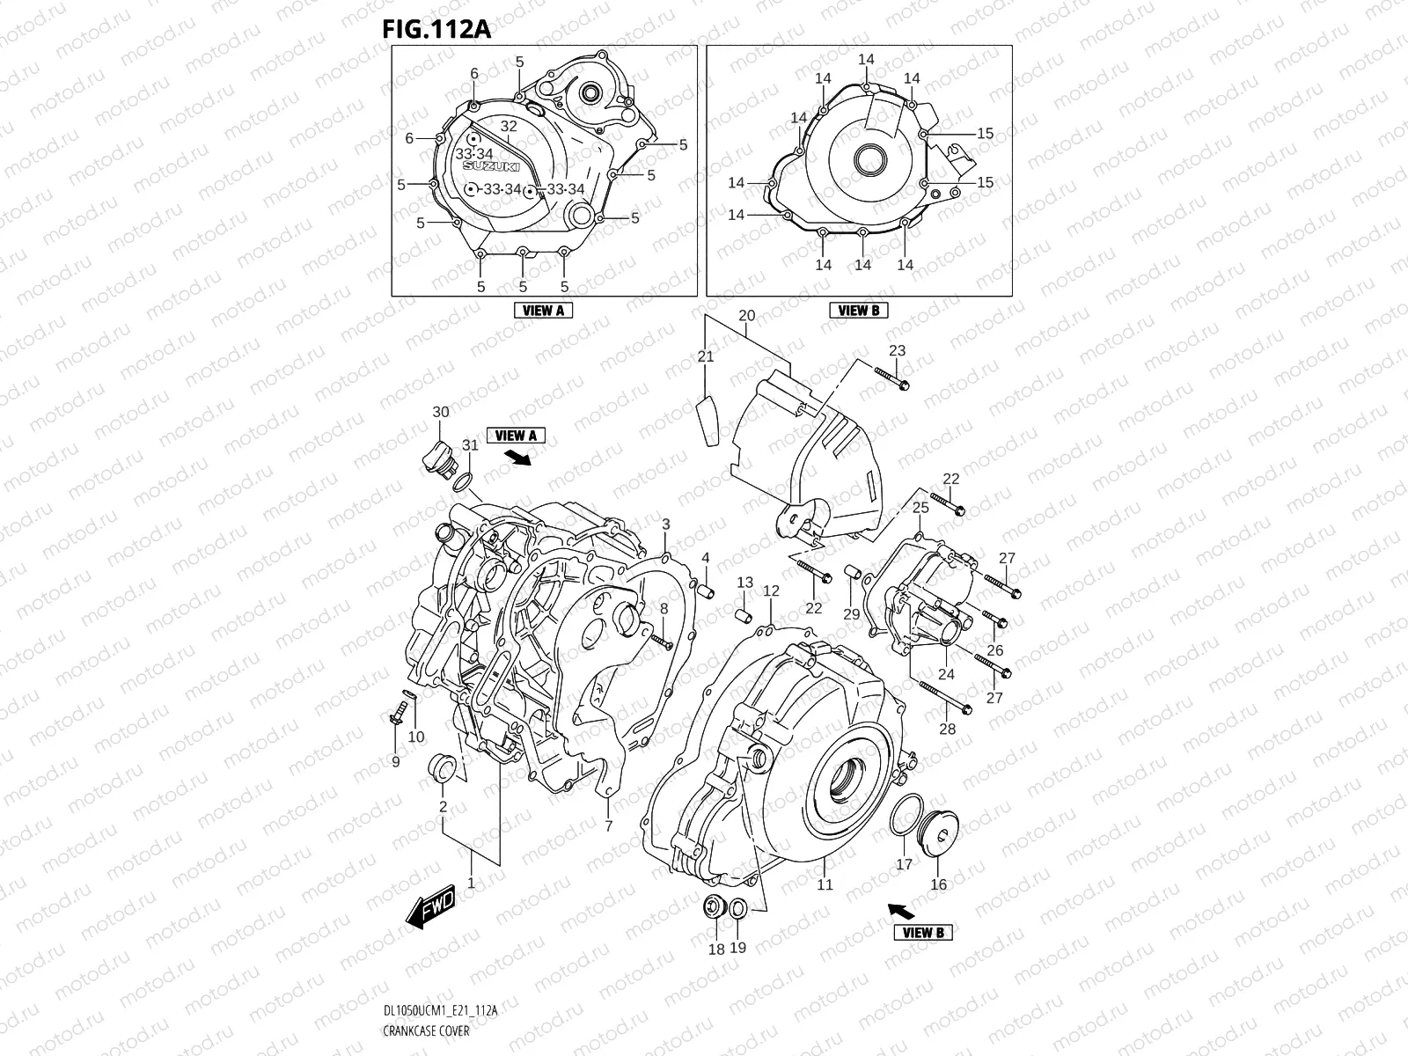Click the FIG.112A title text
click(x=436, y=28)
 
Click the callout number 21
click(x=706, y=356)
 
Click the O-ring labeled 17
click(x=903, y=819)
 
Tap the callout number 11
click(x=825, y=885)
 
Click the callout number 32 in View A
click(x=509, y=127)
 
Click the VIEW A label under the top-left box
click(x=543, y=310)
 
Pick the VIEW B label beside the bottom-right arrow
click(x=924, y=932)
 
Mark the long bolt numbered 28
click(x=942, y=700)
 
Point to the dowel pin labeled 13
click(x=744, y=610)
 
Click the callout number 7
click(x=608, y=826)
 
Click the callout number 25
click(x=920, y=508)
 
